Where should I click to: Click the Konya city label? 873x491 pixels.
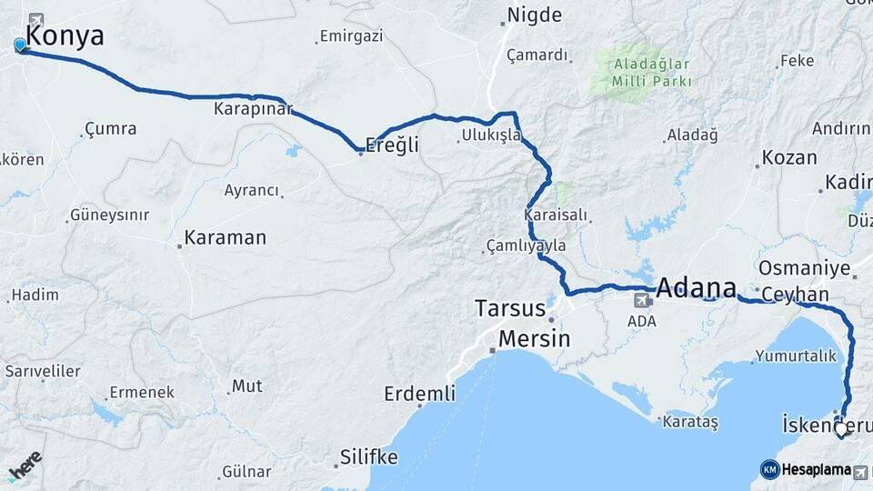point(65,36)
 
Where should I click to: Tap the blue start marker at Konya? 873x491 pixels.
point(20,45)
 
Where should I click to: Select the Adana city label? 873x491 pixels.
point(695,288)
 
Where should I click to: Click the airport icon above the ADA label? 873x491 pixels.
point(642,300)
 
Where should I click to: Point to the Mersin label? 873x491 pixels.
point(536,339)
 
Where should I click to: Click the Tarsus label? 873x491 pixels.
point(510,308)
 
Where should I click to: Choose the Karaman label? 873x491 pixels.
point(225,238)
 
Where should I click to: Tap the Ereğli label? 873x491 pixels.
point(392,145)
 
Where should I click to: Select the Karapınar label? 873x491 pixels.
point(254,109)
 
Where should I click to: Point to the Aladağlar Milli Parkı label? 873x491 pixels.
point(652,73)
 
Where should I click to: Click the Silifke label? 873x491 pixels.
point(368,456)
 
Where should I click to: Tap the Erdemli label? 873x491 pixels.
point(419,394)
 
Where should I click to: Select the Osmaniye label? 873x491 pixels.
point(804,268)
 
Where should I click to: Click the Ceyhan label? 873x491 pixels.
point(796,295)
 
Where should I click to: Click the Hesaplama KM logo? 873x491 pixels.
point(806,469)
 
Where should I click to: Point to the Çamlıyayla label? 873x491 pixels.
point(527,246)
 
